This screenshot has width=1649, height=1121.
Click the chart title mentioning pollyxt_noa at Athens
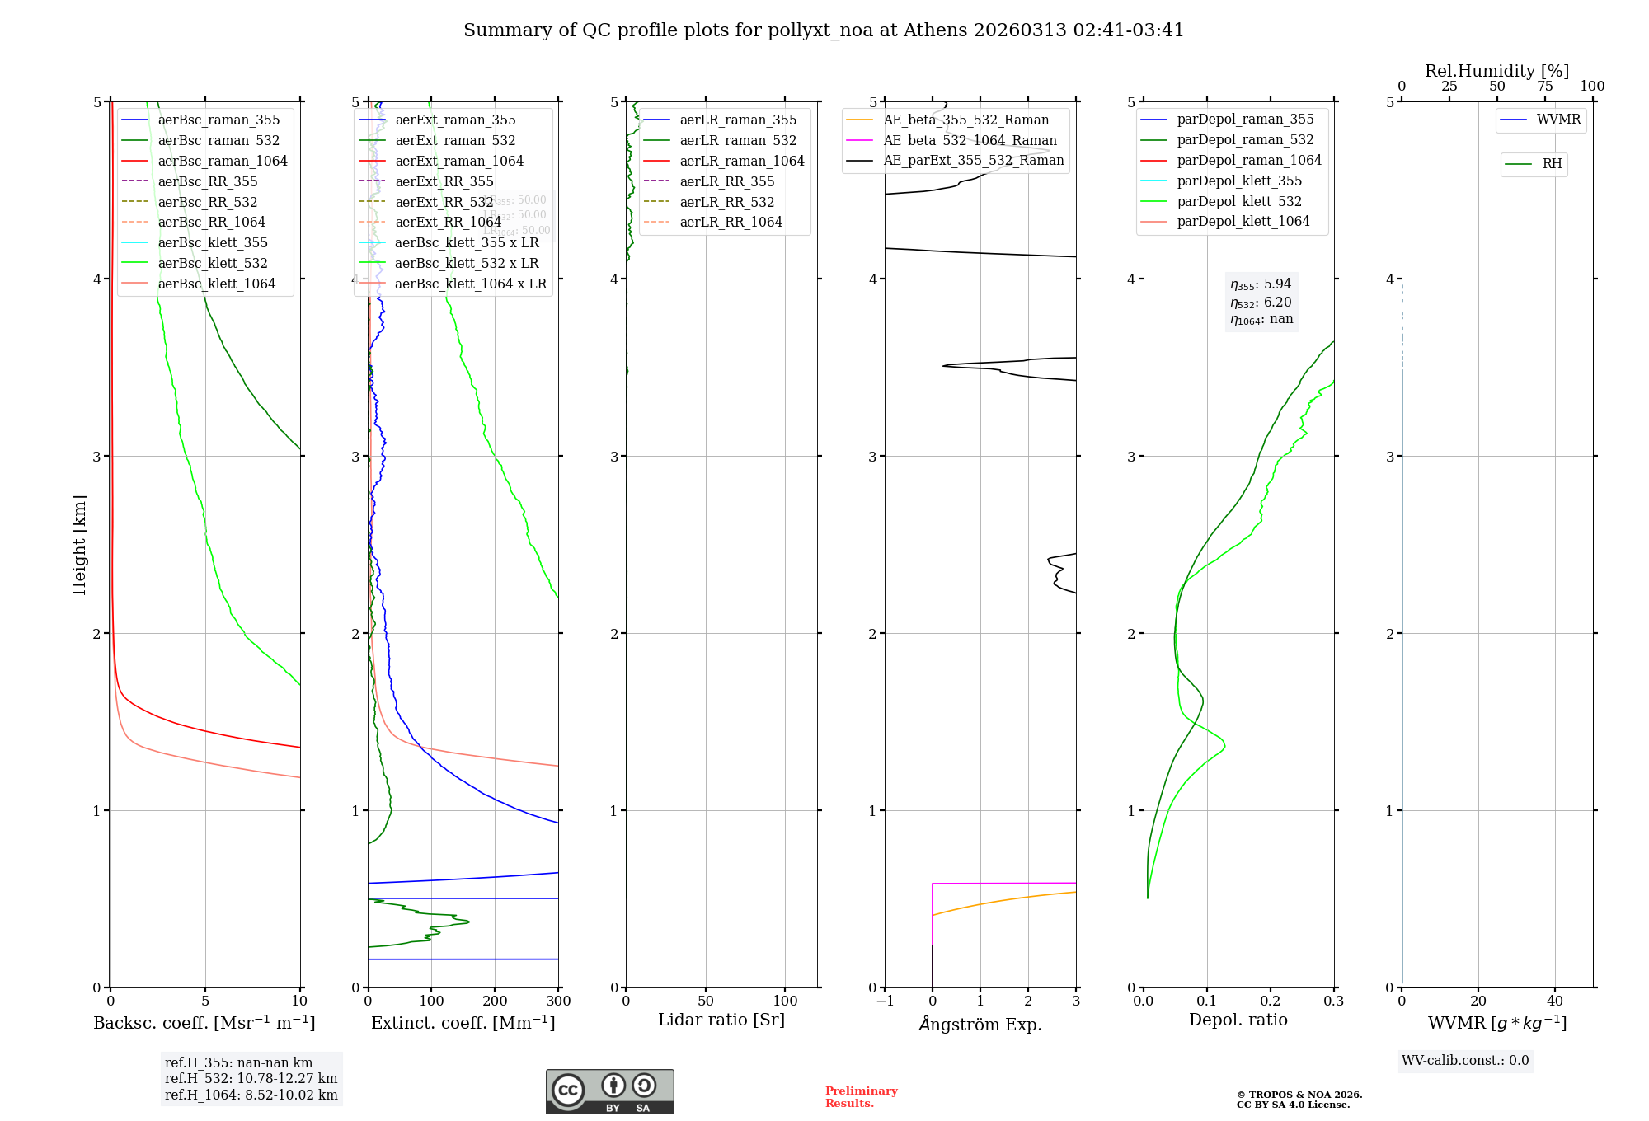point(824,30)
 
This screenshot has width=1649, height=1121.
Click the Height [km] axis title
point(79,545)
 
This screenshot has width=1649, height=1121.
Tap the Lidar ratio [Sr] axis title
point(721,1020)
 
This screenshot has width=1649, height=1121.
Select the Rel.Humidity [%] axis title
point(1496,71)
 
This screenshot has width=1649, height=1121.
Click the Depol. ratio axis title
point(1238,1020)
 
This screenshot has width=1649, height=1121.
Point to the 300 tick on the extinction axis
point(558,1001)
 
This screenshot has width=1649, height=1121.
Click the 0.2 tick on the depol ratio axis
point(1271,1001)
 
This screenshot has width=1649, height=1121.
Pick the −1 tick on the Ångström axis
point(885,1001)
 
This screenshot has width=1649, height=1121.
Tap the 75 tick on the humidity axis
point(1544,87)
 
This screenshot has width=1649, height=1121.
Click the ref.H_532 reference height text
point(251,1078)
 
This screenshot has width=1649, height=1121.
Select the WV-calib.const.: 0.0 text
point(1465,1061)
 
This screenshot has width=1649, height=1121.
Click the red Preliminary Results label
point(861,1097)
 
